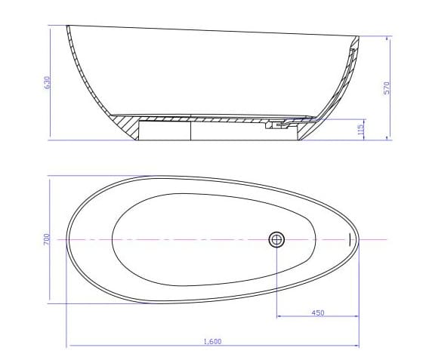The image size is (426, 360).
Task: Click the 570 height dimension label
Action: [386, 88]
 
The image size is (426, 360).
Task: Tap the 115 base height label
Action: [362, 129]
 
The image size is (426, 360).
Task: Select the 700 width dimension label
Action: [47, 238]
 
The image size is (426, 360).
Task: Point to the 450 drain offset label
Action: [318, 312]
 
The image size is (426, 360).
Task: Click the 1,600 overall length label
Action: [212, 342]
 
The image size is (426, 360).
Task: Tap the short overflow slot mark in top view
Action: [350, 239]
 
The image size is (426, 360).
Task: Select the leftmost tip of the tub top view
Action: [67, 238]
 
